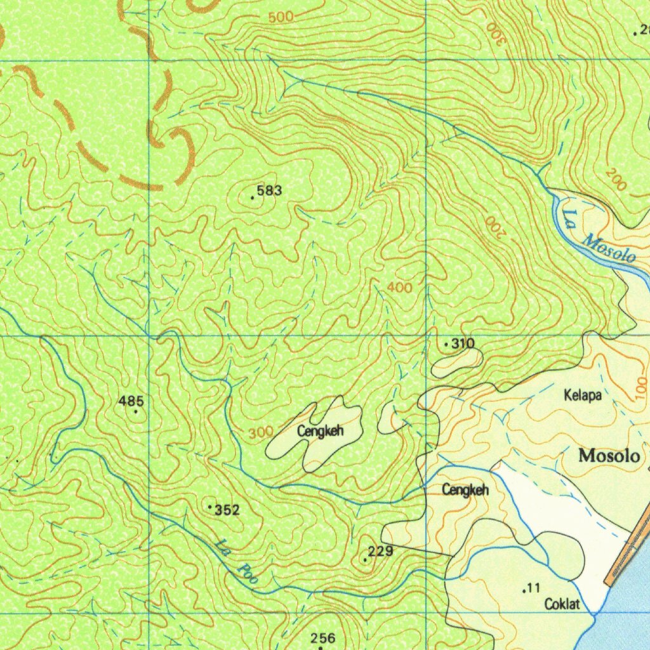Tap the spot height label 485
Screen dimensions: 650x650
point(131,401)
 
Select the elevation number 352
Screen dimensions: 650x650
point(227,510)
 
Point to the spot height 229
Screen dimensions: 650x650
point(380,551)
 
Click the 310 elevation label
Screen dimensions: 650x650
point(463,343)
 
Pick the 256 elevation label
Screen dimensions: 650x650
point(323,637)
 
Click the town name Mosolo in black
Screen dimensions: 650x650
point(609,456)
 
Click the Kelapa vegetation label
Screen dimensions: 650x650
point(582,395)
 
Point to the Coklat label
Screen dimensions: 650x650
point(562,604)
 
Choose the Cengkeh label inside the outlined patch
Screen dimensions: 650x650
point(321,432)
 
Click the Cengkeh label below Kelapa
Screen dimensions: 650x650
point(465,489)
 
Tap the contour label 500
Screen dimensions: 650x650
point(281,17)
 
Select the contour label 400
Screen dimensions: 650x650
point(399,288)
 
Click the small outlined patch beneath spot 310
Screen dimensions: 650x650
point(456,362)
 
